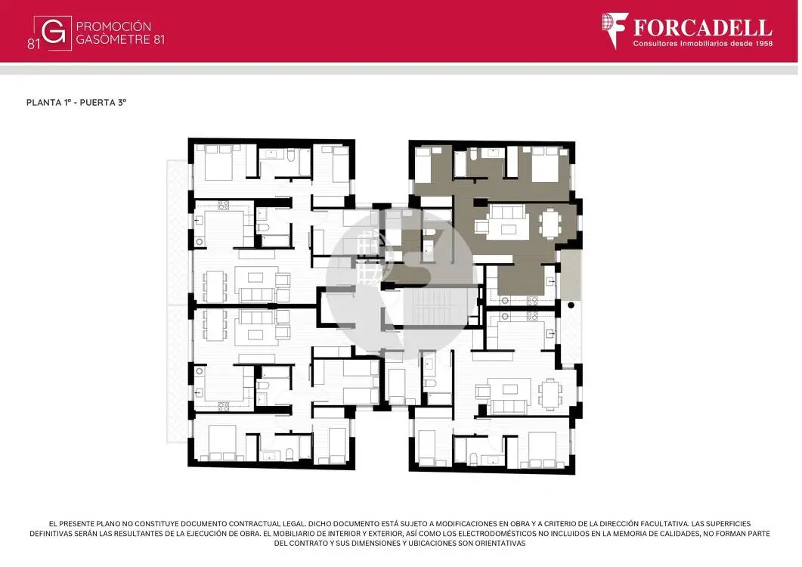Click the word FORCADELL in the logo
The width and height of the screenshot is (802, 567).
(x=703, y=28)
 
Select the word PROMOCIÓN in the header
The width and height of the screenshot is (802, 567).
(x=113, y=26)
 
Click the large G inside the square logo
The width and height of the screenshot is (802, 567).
(x=53, y=33)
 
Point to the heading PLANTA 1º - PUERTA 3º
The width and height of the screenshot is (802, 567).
(x=76, y=102)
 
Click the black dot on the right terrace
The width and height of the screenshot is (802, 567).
(x=571, y=305)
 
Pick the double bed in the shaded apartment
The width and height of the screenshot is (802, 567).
(x=545, y=164)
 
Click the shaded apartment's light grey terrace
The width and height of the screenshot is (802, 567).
(x=571, y=274)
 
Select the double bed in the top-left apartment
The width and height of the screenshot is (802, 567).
(x=219, y=163)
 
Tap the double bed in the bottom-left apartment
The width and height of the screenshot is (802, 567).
(x=222, y=443)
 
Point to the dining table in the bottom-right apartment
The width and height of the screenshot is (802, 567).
(x=550, y=394)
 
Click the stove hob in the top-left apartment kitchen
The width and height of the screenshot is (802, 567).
(x=223, y=205)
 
